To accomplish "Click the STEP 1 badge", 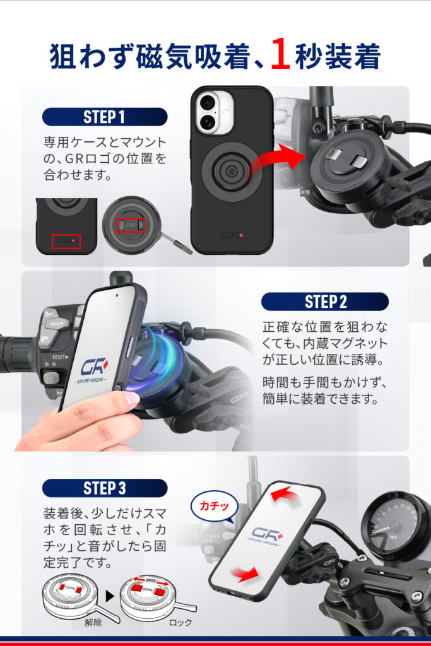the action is (x=105, y=117).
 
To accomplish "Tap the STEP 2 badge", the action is (x=325, y=302).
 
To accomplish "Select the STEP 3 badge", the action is (x=105, y=488).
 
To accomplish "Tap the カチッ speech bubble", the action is (x=215, y=506).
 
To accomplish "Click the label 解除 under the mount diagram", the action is (x=93, y=622).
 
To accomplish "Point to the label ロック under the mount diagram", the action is (x=180, y=623).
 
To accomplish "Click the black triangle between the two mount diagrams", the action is (x=109, y=596).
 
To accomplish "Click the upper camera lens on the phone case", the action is (x=207, y=102).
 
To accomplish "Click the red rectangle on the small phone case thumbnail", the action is (x=66, y=242).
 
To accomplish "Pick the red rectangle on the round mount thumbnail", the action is (x=130, y=225).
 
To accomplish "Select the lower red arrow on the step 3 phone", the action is (x=244, y=574).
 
